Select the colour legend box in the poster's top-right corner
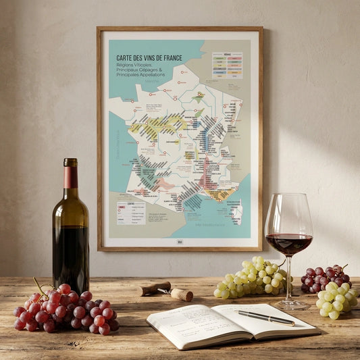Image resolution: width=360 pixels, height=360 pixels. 227,65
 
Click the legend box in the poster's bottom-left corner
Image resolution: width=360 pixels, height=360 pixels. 130,212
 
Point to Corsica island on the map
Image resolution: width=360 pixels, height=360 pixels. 236,211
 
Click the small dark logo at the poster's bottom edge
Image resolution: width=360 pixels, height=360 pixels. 180,241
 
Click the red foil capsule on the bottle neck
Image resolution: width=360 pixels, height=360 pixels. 70,176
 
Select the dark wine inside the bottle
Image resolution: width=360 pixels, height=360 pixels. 71,257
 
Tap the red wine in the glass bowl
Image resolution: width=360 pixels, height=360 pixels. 288,242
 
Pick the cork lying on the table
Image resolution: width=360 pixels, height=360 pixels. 181,294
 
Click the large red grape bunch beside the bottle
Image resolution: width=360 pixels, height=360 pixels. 64,309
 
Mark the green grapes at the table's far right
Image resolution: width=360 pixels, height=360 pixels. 335,301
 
